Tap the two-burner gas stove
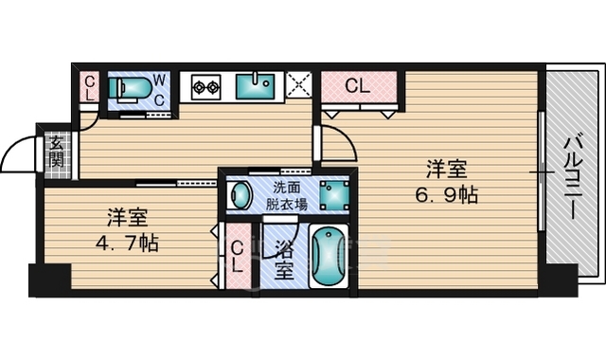pyautogui.click(x=206, y=86)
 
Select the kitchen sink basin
pyautogui.click(x=255, y=86)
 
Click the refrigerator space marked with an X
pyautogui.click(x=299, y=84)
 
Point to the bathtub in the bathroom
pyautogui.click(x=329, y=256)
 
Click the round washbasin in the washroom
pyautogui.click(x=240, y=195)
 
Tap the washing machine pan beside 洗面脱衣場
pyautogui.click(x=334, y=195)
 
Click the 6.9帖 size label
pyautogui.click(x=446, y=195)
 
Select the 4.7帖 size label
pyautogui.click(x=127, y=243)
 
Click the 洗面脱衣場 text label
pyautogui.click(x=286, y=196)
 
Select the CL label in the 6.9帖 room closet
pyautogui.click(x=358, y=86)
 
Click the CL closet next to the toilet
pyautogui.click(x=89, y=88)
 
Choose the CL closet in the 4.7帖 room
pyautogui.click(x=238, y=256)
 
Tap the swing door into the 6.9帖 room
pyautogui.click(x=347, y=136)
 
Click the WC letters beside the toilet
pyautogui.click(x=159, y=90)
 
